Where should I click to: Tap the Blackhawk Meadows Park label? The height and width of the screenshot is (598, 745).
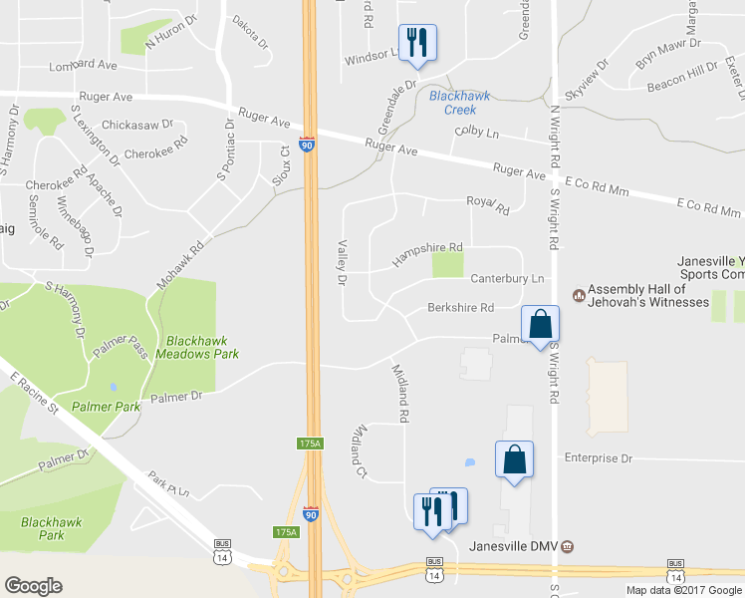[x=203, y=346]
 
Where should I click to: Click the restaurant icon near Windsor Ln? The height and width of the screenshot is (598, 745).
[x=416, y=42]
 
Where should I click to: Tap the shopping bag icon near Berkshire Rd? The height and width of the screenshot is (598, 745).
[x=539, y=324]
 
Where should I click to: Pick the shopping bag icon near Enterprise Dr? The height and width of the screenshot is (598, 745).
[x=514, y=460]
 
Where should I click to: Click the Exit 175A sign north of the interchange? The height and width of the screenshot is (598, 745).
[x=309, y=444]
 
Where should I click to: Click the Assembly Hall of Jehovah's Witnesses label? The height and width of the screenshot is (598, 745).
[x=647, y=295]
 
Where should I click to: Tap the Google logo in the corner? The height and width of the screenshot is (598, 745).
[x=33, y=586]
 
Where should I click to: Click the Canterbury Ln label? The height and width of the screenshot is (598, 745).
[x=507, y=278]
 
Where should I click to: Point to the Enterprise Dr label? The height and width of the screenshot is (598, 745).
[x=599, y=458]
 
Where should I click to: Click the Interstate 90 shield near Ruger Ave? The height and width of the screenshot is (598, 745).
[x=308, y=146]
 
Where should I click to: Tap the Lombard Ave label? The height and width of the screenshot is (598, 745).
[x=84, y=65]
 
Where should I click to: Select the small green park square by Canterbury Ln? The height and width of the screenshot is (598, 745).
[x=448, y=265]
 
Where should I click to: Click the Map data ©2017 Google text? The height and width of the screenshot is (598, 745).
[x=683, y=590]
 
